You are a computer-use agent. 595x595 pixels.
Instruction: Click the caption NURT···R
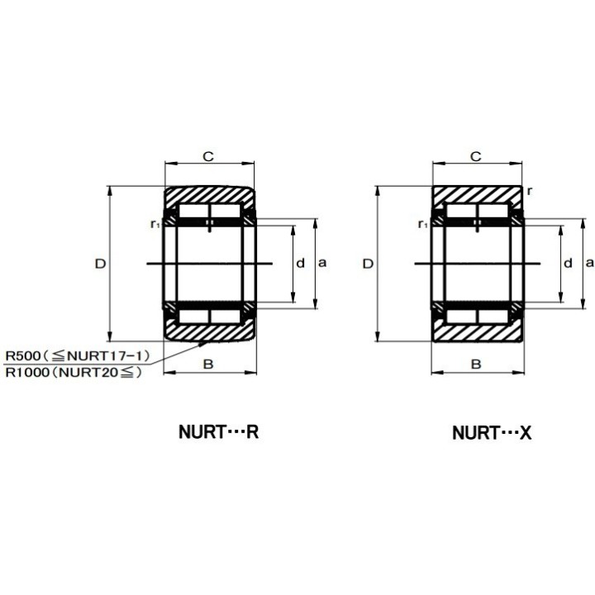pyautogui.click(x=218, y=432)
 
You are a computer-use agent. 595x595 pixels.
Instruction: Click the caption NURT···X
pyautogui.click(x=492, y=432)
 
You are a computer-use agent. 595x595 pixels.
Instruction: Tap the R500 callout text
pyautogui.click(x=78, y=356)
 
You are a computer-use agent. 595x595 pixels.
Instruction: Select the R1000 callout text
pyautogui.click(x=74, y=372)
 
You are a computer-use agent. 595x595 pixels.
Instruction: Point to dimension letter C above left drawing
pyautogui.click(x=208, y=156)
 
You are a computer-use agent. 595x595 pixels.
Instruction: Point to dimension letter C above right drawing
pyautogui.click(x=475, y=156)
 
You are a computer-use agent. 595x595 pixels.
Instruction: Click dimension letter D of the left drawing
pyautogui.click(x=100, y=264)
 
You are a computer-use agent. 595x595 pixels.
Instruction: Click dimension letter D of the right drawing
pyautogui.click(x=368, y=264)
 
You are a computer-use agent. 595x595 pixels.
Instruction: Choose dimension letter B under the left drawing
pyautogui.click(x=208, y=364)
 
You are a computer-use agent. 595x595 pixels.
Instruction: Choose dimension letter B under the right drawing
pyautogui.click(x=476, y=364)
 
